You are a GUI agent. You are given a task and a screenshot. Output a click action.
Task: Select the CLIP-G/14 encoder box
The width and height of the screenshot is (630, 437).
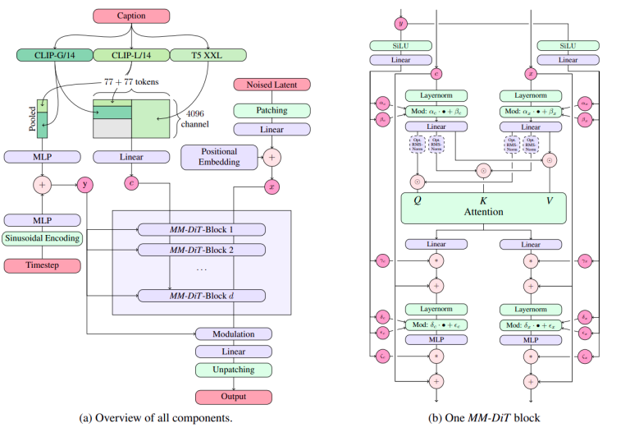point(53,55)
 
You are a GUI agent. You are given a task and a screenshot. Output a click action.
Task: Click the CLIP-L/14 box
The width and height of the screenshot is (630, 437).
point(130,55)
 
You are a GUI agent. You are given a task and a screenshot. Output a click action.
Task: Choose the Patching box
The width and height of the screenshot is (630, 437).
point(272,109)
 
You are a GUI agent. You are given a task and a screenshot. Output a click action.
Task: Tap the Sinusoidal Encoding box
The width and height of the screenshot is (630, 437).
point(42,239)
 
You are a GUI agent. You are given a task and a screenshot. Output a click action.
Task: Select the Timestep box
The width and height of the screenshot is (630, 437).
point(42,264)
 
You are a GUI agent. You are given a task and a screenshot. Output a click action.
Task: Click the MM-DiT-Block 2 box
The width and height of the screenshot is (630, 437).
point(202,250)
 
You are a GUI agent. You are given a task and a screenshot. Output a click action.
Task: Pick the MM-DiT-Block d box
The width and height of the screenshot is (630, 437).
point(202,295)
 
